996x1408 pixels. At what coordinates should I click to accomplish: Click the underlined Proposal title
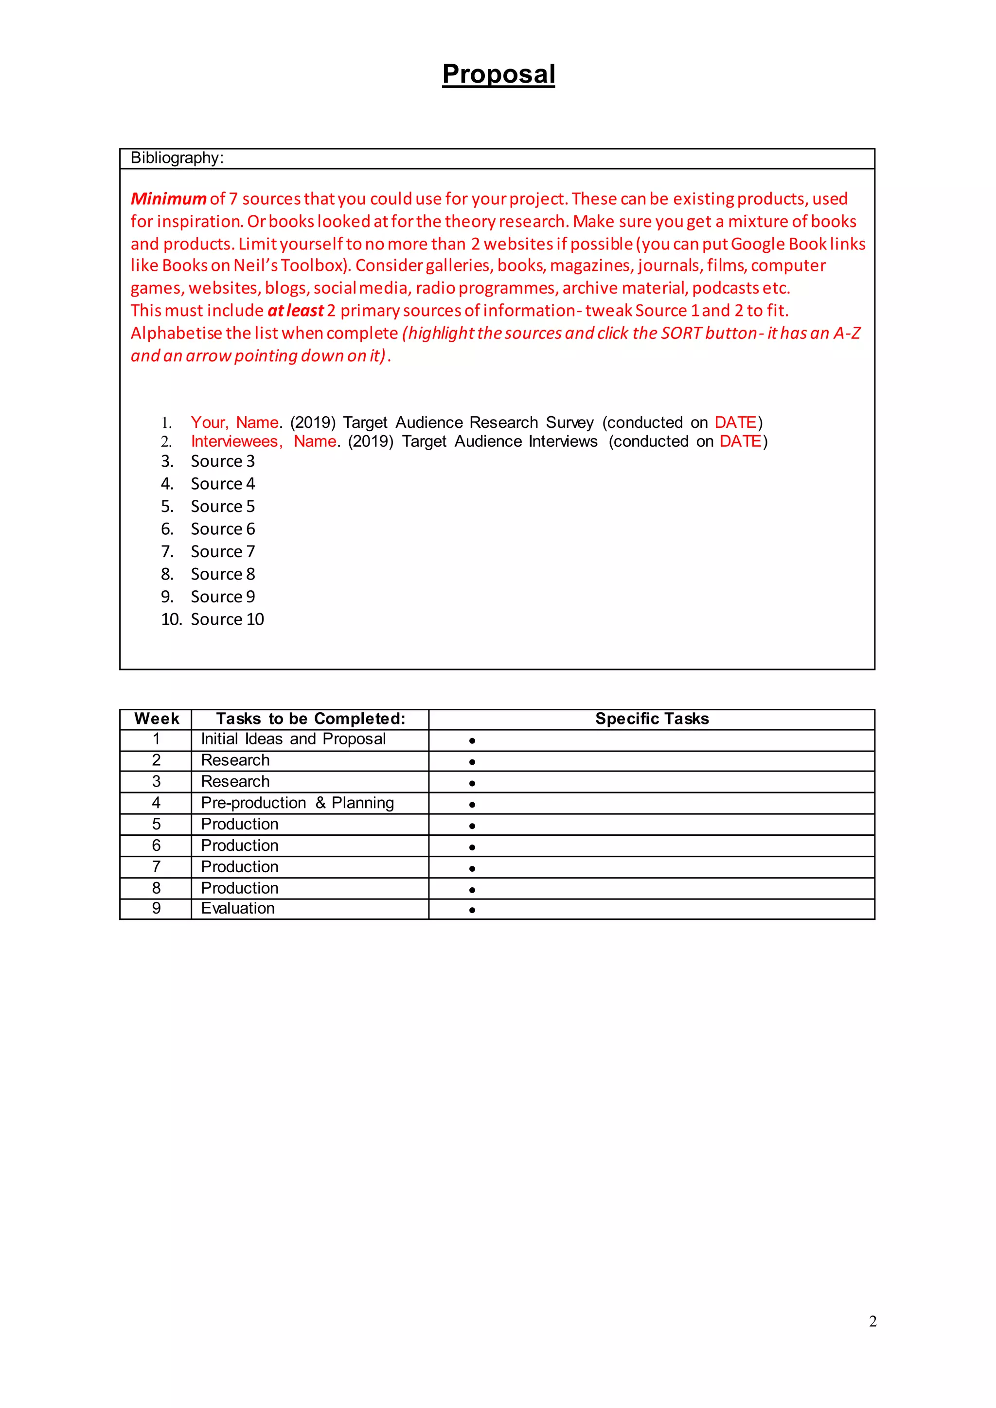pyautogui.click(x=498, y=74)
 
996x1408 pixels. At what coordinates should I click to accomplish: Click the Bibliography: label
pyautogui.click(x=177, y=158)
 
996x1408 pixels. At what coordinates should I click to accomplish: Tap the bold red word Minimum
pyautogui.click(x=168, y=199)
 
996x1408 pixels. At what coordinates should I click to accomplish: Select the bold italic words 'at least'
pyautogui.click(x=296, y=311)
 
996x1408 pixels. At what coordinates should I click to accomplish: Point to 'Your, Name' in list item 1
pyautogui.click(x=235, y=422)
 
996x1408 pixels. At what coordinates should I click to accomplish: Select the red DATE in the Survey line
pyautogui.click(x=735, y=422)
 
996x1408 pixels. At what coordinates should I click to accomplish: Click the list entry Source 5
pyautogui.click(x=222, y=507)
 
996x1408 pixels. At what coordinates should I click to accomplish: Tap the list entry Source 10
pyautogui.click(x=227, y=619)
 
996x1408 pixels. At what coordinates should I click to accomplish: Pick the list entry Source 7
pyautogui.click(x=222, y=552)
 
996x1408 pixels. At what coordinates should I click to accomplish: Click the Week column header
pyautogui.click(x=157, y=719)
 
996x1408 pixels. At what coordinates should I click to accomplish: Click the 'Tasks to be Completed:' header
pyautogui.click(x=310, y=719)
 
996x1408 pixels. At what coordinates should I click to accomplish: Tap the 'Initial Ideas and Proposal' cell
pyautogui.click(x=293, y=739)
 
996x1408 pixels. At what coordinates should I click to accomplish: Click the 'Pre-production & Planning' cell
pyautogui.click(x=298, y=803)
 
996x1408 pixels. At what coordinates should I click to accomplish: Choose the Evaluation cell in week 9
pyautogui.click(x=237, y=908)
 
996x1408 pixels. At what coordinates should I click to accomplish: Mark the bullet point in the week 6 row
pyautogui.click(x=472, y=847)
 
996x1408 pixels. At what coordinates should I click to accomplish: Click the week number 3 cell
pyautogui.click(x=157, y=781)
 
